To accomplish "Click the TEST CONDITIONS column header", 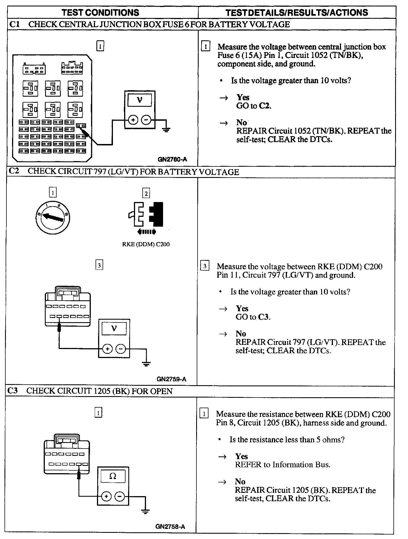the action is coord(100,13).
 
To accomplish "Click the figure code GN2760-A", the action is coord(172,160).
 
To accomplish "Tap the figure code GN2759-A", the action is coord(171,379).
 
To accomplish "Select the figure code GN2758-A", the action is coord(170,527).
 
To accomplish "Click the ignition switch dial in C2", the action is coord(53,217).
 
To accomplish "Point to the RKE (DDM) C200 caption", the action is coord(146,245).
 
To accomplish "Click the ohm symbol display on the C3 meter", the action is coord(113,476).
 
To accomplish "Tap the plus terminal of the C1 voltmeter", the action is coord(133,120).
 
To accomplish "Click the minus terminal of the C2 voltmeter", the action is coord(121,349).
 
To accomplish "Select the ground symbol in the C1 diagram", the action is coord(166,129).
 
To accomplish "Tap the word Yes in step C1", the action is coord(243,97).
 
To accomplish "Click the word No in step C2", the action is coord(241,334).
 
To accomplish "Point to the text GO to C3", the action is coord(253,317).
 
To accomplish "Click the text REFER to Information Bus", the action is coord(283,464).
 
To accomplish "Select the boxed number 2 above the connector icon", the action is coord(146,193).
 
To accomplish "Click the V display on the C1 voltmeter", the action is coord(140,100).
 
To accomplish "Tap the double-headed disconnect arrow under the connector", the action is coord(147,232).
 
